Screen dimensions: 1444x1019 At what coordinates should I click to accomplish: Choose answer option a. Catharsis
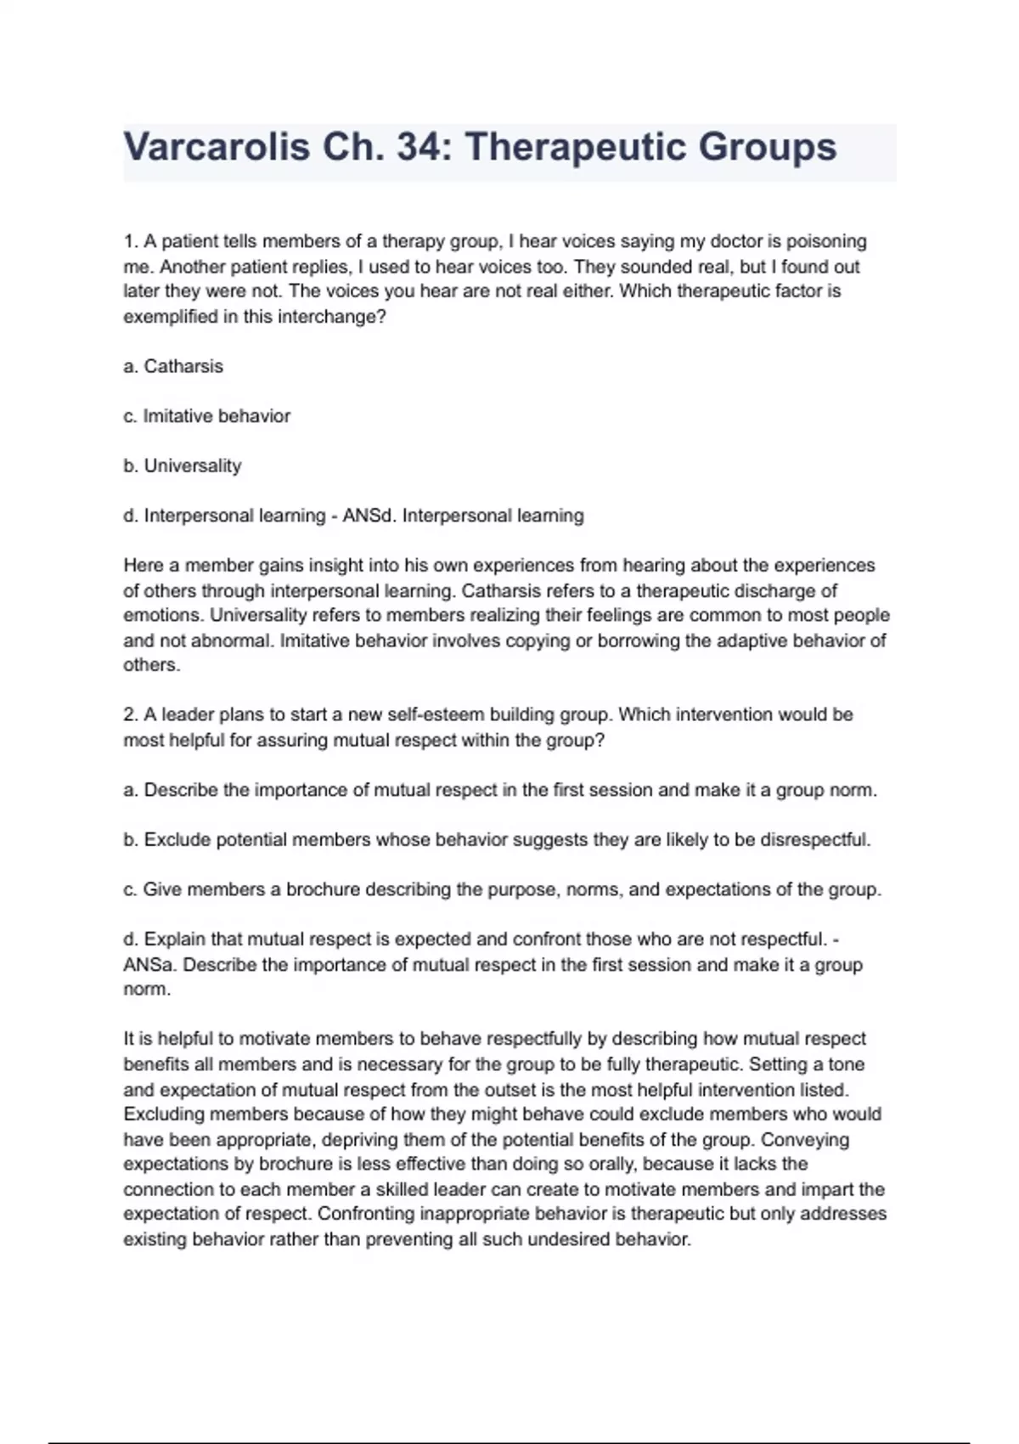(x=173, y=366)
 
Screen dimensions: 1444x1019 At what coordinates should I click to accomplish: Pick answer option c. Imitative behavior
(x=207, y=416)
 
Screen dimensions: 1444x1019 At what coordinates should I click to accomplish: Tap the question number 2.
(x=130, y=714)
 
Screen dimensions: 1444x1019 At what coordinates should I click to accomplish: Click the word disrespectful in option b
(x=814, y=840)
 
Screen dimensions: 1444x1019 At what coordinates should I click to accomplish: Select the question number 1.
(x=129, y=241)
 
